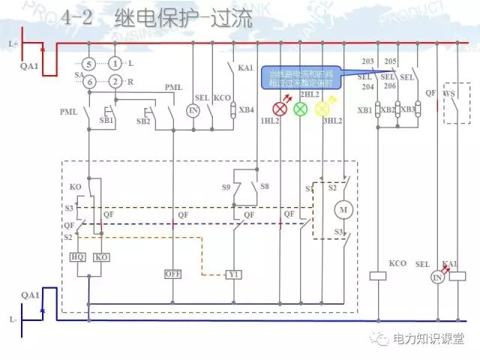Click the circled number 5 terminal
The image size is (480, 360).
point(88,65)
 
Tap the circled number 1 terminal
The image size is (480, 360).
point(115,65)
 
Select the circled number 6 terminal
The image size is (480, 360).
point(88,81)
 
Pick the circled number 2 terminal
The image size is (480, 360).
point(115,81)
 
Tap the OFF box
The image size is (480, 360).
point(173,274)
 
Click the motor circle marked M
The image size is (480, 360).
point(344,208)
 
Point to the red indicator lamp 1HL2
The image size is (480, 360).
point(280,109)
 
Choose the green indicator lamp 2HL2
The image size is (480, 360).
point(301,109)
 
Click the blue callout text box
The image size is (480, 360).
point(300,78)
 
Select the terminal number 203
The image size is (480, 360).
point(367,61)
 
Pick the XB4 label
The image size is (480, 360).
point(246,109)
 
